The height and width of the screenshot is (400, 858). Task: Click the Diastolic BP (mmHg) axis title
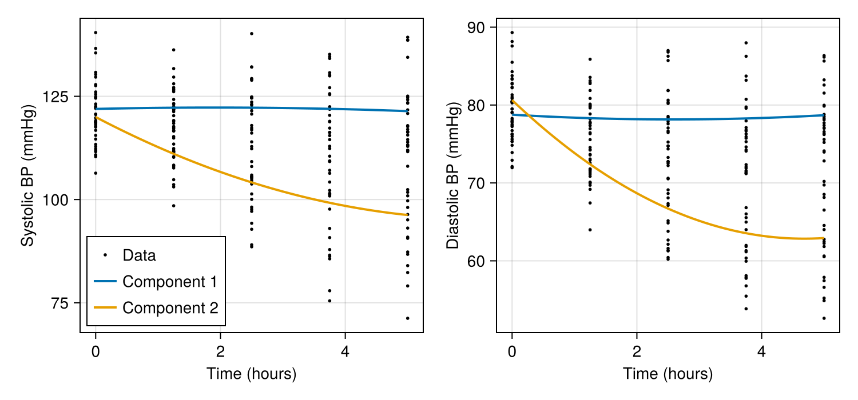click(x=452, y=175)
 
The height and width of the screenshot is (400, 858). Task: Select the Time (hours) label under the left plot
click(x=251, y=374)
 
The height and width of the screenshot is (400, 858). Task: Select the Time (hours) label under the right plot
click(x=668, y=374)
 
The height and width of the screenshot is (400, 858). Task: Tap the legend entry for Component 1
click(x=169, y=282)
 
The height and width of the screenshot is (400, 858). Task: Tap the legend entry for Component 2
click(x=170, y=308)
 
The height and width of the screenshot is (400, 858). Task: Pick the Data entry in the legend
click(x=139, y=255)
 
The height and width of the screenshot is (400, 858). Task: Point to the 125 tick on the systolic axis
click(x=57, y=97)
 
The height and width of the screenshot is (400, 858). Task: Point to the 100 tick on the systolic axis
click(x=57, y=199)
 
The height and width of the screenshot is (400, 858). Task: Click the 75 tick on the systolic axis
click(x=62, y=303)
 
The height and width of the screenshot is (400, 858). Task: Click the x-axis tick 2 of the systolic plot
click(x=220, y=350)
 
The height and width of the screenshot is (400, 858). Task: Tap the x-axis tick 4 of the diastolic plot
click(x=761, y=350)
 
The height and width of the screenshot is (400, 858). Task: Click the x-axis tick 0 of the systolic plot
click(x=96, y=350)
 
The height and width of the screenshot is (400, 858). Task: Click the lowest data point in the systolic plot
click(x=407, y=318)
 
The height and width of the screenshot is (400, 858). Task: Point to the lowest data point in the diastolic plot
click(x=824, y=318)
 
